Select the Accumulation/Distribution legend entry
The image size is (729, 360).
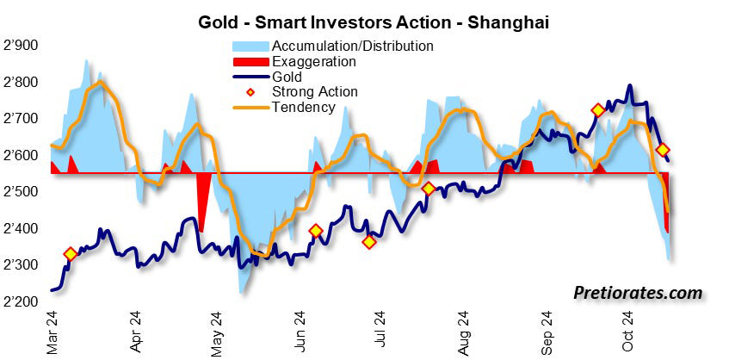[352, 45]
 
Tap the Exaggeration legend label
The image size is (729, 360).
[313, 61]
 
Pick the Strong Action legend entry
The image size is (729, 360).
[314, 91]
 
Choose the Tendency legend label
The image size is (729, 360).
[303, 107]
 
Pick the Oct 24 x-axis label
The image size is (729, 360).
[627, 332]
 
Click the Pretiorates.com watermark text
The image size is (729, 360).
[638, 294]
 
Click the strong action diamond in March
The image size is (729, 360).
[71, 254]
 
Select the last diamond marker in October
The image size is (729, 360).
[663, 150]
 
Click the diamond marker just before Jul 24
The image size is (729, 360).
[369, 242]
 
